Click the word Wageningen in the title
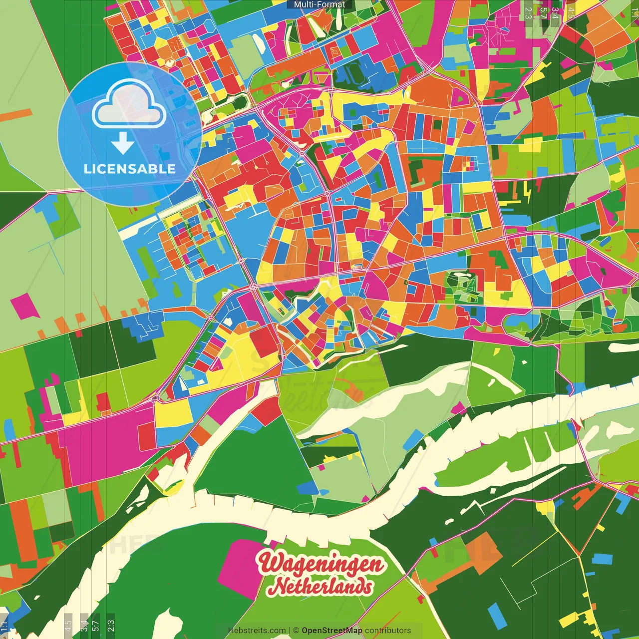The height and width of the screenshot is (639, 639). click(x=321, y=564)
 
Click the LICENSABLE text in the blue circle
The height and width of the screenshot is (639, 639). click(x=130, y=169)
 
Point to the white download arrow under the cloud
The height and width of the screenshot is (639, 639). click(x=123, y=143)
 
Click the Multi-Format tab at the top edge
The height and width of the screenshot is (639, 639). click(x=319, y=4)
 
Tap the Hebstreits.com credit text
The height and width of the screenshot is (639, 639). click(x=257, y=631)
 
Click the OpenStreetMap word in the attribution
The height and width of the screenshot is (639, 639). click(x=332, y=631)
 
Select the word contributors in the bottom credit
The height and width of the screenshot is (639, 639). click(x=388, y=631)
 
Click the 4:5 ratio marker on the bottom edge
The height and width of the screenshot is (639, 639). click(x=68, y=626)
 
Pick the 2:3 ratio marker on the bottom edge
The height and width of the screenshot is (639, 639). click(x=111, y=626)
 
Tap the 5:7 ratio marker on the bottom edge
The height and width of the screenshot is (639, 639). click(x=96, y=626)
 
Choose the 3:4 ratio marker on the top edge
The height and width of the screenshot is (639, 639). click(x=555, y=12)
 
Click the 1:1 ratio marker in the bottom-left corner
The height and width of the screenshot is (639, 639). click(x=4, y=626)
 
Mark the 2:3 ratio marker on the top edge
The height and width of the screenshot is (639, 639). click(x=528, y=12)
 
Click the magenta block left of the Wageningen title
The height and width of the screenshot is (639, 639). click(x=240, y=569)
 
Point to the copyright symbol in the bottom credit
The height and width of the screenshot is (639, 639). click(x=296, y=631)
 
